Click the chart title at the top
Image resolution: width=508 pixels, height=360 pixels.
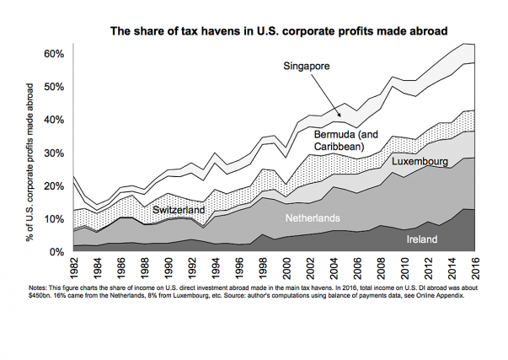pyautogui.click(x=270, y=32)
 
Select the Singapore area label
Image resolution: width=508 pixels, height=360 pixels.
pyautogui.click(x=306, y=65)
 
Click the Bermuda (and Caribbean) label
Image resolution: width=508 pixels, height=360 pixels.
pyautogui.click(x=345, y=140)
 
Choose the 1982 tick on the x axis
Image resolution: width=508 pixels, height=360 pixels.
pyautogui.click(x=74, y=269)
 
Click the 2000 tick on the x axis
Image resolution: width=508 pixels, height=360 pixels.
pyautogui.click(x=286, y=269)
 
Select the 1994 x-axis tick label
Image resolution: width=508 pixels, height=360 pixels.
pyautogui.click(x=216, y=269)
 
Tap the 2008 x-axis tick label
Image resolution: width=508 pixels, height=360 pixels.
pyautogui.click(x=382, y=269)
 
